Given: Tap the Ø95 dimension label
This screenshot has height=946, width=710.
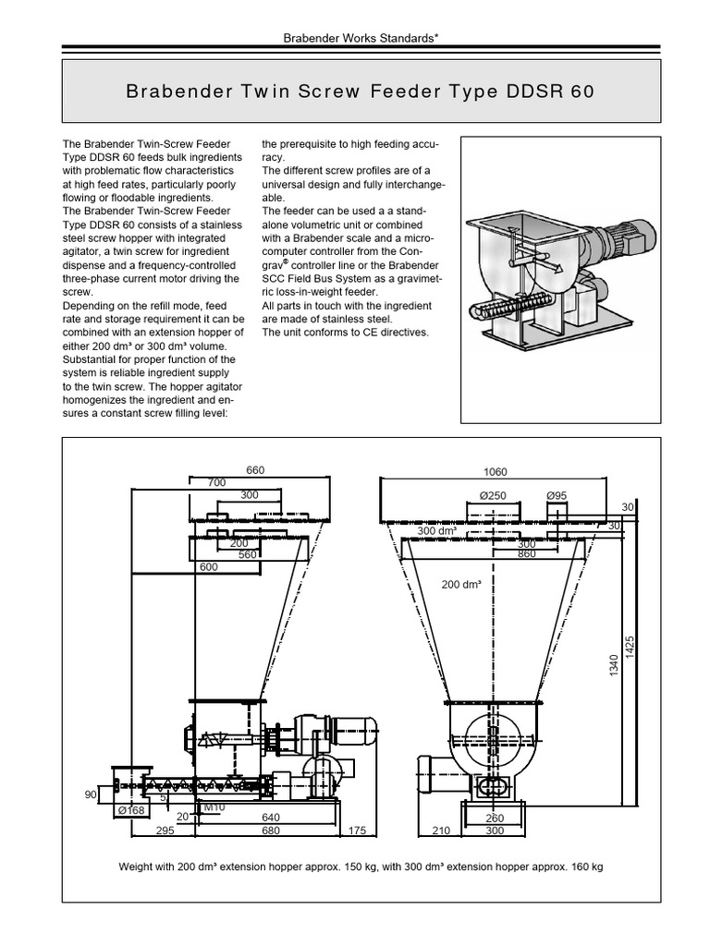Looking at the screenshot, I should pos(557,496).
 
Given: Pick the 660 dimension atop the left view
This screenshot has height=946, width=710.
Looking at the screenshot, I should pos(255,470).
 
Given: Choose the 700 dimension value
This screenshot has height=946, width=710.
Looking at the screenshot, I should pos(216,482).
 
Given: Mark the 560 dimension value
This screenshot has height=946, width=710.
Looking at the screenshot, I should pos(247,555).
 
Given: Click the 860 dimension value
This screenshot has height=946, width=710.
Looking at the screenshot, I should pos(526,555).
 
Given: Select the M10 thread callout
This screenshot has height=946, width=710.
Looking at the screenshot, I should pos(214,807).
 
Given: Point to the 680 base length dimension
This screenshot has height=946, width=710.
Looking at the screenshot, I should pos(272,831).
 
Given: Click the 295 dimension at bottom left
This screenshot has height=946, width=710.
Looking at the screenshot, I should pos(165,831).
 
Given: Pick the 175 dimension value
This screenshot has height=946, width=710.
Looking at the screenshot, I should pos(356,831).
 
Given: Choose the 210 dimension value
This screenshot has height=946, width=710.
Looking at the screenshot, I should pos(440,831).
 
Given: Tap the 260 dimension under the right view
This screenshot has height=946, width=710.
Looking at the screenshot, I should pos(495,818).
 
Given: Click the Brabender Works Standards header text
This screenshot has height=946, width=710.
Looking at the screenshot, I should pos(353,41).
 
